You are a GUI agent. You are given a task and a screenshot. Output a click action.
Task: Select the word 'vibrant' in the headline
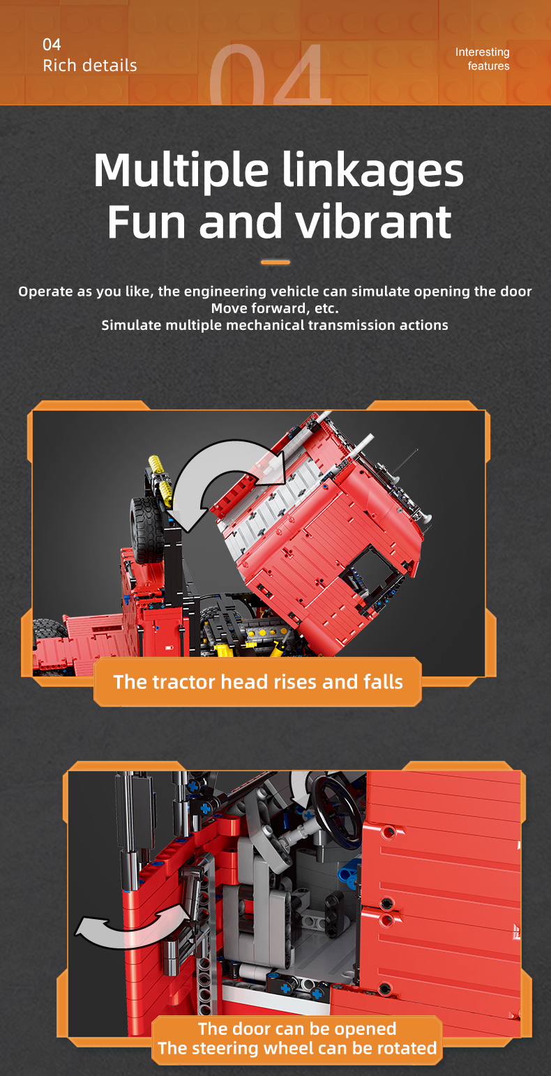[x=373, y=222]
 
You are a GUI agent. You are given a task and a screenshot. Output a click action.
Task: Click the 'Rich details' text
[x=90, y=66]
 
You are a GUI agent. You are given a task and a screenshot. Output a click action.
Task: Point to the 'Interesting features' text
[x=483, y=59]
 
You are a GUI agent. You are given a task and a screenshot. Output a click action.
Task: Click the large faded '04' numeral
[x=270, y=75]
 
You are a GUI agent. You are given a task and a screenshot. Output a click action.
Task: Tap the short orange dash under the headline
[x=275, y=262]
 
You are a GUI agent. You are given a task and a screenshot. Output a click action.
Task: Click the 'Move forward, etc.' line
[x=275, y=308]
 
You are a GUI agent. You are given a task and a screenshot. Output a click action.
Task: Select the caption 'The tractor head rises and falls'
[x=258, y=681]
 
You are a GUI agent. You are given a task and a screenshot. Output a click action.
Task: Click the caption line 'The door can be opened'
[x=297, y=1029]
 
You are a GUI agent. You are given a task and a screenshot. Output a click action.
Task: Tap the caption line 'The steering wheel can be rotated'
[x=297, y=1047]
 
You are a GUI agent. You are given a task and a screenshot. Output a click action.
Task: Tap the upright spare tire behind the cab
[x=146, y=530]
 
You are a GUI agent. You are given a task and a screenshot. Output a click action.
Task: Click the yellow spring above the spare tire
[x=161, y=480]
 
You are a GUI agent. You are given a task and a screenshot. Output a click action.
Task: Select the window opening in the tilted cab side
[x=370, y=575]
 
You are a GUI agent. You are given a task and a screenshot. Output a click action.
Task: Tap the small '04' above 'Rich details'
[x=52, y=45]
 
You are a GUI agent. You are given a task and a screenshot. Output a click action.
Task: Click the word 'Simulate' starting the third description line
[x=132, y=325]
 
